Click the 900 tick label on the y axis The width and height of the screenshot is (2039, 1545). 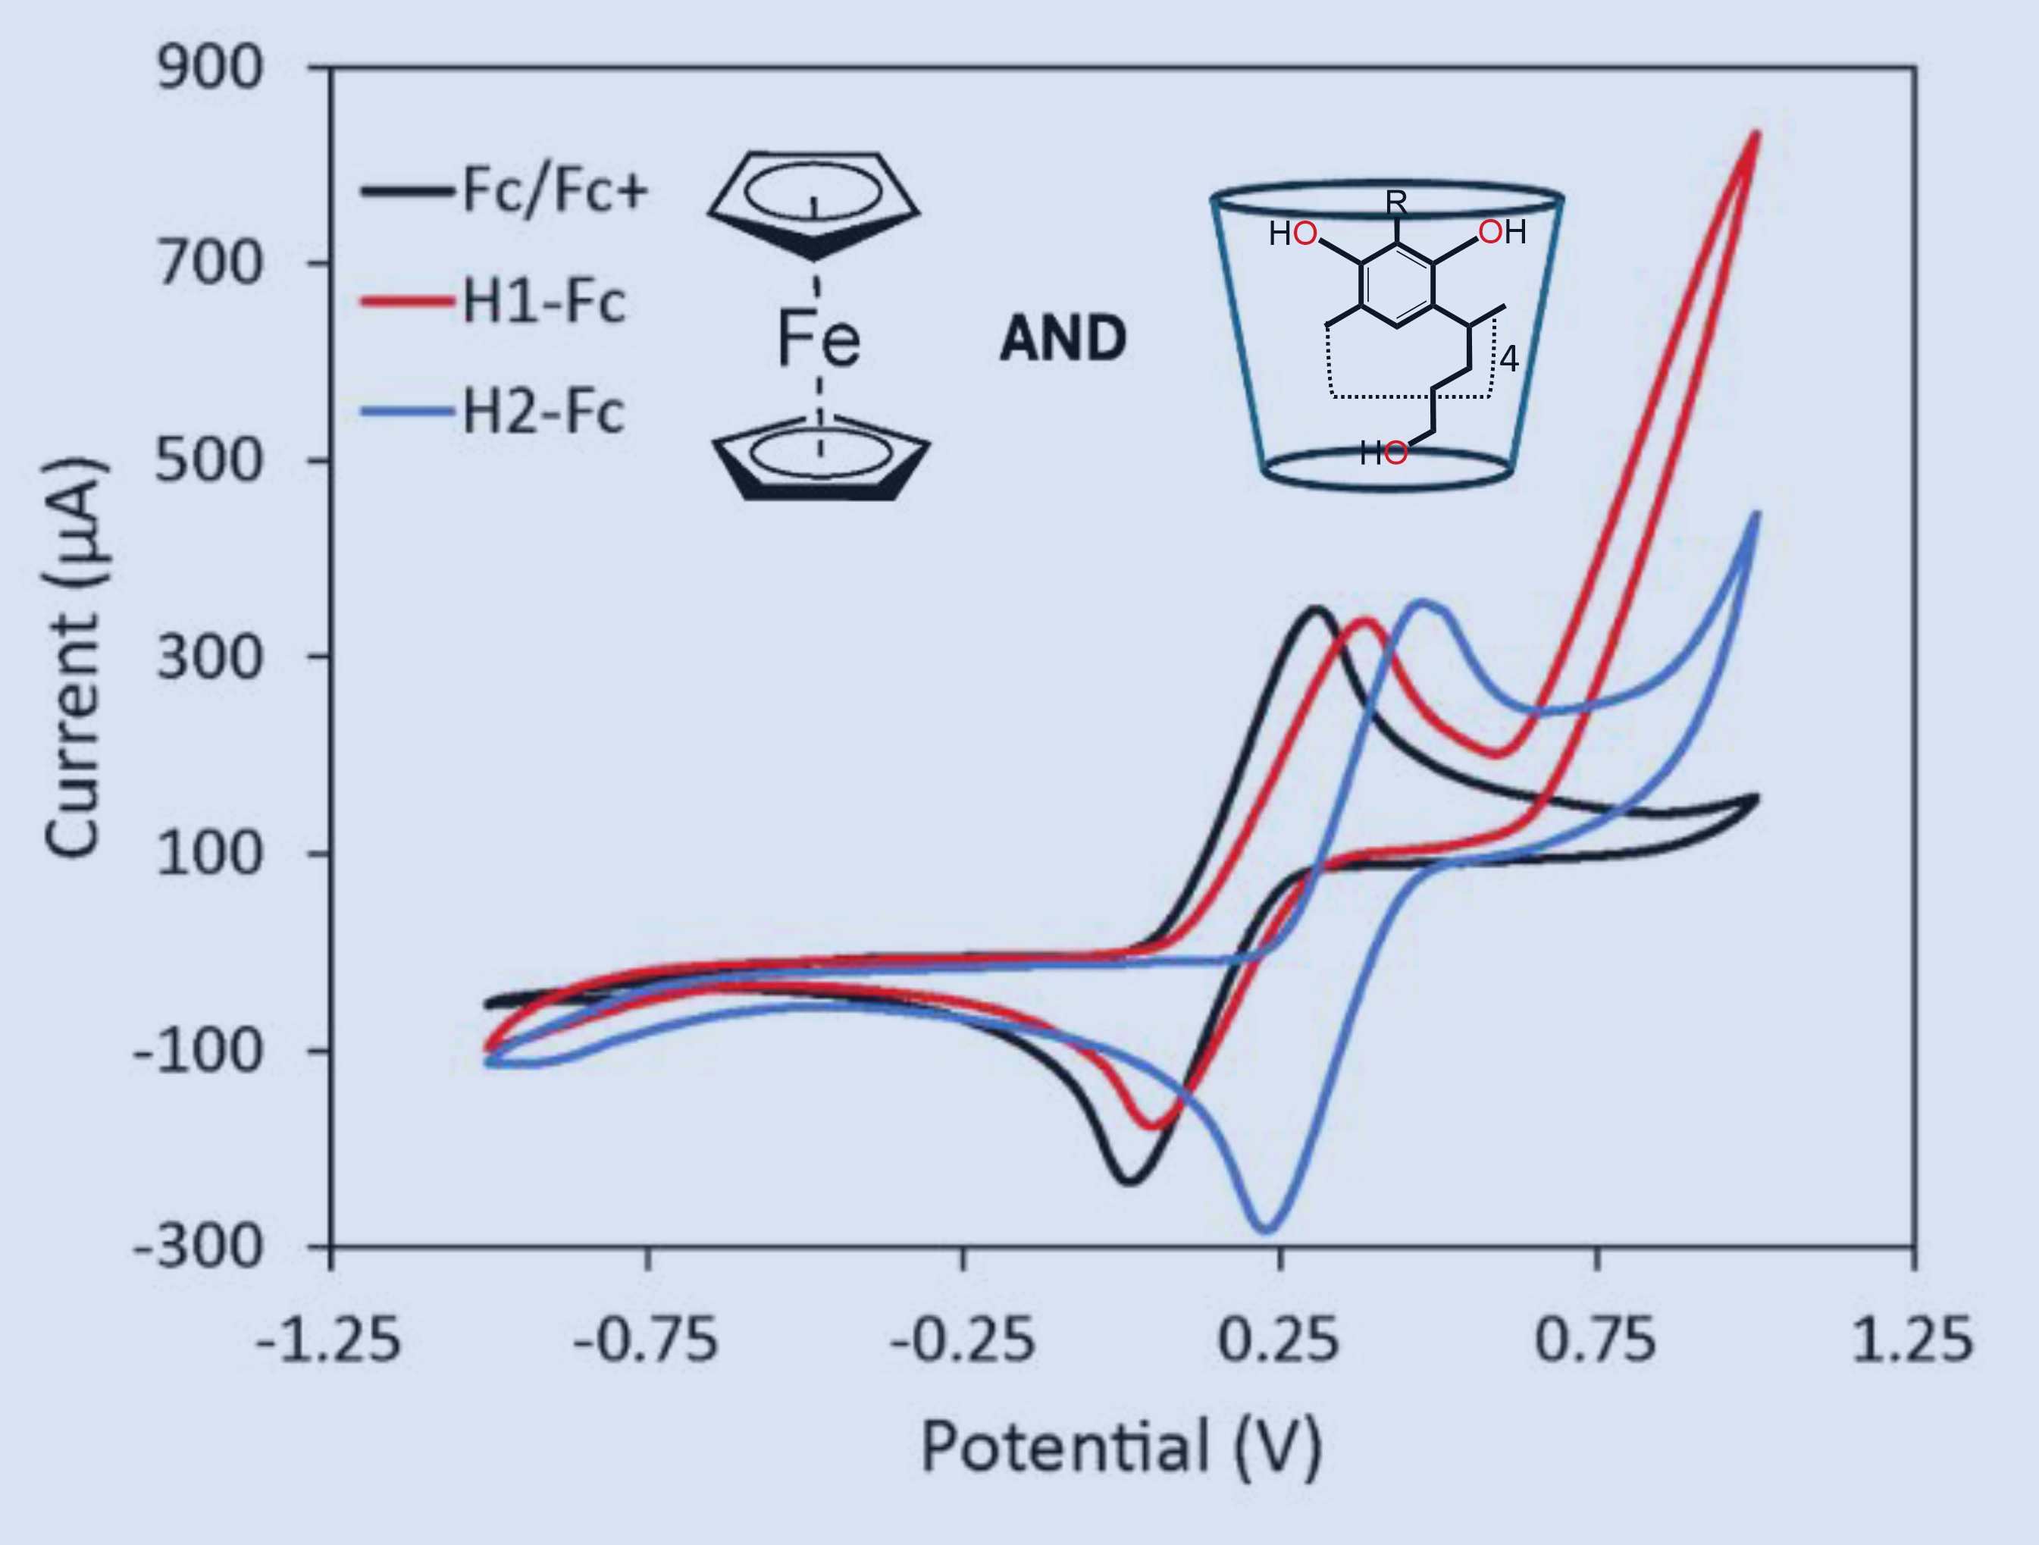tap(210, 68)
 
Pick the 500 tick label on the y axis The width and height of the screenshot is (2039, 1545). tap(210, 461)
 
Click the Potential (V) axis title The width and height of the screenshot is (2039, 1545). tap(1122, 1447)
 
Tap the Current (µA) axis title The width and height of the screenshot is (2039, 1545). tap(74, 657)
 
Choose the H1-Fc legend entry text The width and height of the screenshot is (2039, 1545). tap(543, 302)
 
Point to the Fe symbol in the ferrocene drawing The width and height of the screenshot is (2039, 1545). tap(819, 339)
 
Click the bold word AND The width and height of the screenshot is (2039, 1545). tap(1063, 338)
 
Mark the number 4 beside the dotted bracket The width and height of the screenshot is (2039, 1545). tap(1508, 358)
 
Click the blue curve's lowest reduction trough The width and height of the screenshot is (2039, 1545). tap(1267, 1229)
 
